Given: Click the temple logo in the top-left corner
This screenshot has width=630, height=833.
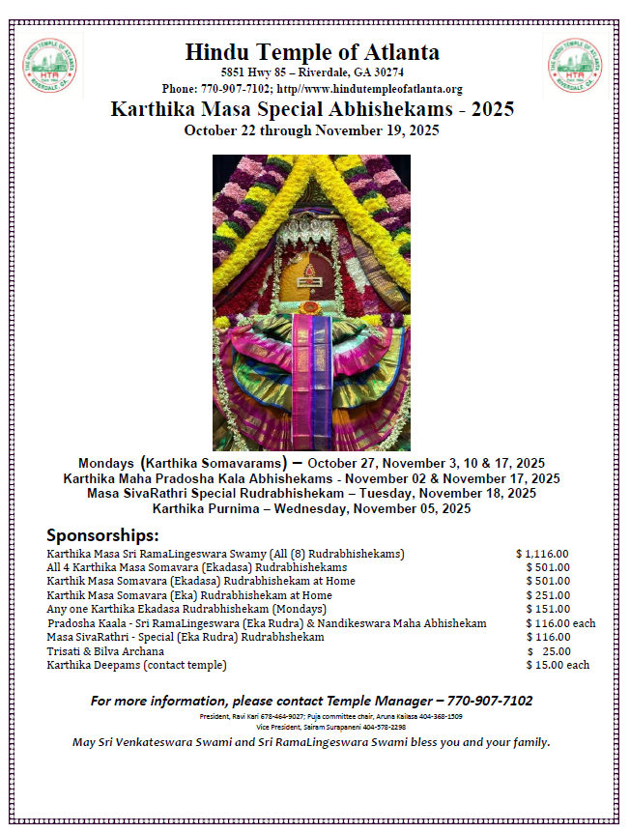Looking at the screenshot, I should (50, 66).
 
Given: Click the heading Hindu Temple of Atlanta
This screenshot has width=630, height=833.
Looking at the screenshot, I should (312, 52).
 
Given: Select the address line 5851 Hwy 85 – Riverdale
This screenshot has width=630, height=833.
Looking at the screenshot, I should (312, 72).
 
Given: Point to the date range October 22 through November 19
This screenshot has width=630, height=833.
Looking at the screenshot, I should (312, 129).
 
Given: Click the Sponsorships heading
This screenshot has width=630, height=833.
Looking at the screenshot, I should (102, 535).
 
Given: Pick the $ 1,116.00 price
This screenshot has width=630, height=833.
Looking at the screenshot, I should (543, 554).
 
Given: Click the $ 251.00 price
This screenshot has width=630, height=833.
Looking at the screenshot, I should (548, 595).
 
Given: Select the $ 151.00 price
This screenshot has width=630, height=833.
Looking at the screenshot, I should (548, 610).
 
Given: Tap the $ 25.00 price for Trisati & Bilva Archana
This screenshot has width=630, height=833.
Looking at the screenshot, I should (549, 651).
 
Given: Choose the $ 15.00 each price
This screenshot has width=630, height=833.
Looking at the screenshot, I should (558, 665).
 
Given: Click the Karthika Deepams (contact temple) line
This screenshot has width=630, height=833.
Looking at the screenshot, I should (136, 665).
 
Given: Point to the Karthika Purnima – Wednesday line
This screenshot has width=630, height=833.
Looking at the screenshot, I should (311, 507).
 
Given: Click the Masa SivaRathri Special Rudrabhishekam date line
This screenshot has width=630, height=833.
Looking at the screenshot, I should (311, 493).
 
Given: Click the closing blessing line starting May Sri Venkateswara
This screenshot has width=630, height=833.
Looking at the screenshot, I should (311, 742).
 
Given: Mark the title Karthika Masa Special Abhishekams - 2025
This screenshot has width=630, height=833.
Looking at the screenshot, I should (312, 109).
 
